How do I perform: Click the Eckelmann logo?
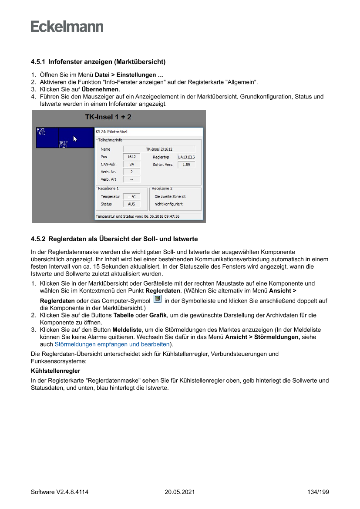[67, 27]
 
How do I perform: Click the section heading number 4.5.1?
[38, 62]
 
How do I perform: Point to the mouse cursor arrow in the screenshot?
[75, 139]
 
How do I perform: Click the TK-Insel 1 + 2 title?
[108, 117]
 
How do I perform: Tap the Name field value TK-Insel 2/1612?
[159, 149]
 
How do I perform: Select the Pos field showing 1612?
[131, 157]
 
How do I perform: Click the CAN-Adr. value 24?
[131, 165]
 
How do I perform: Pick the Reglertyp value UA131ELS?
[186, 157]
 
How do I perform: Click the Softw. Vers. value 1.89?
[186, 165]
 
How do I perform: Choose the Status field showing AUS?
[131, 204]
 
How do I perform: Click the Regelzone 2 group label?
[162, 189]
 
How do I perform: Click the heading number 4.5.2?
[38, 239]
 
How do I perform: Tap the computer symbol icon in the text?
[158, 300]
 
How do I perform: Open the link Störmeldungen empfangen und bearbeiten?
[112, 344]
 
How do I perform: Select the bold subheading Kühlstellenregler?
[55, 371]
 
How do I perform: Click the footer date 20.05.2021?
[179, 492]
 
